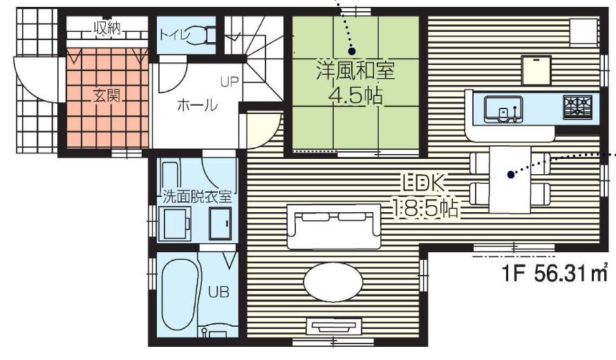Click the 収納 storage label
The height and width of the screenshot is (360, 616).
(107, 28)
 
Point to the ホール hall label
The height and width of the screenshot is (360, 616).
(198, 106)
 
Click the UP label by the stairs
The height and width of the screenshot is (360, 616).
(229, 82)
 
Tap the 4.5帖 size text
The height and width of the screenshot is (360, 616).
(355, 95)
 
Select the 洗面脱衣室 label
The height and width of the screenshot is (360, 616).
(197, 196)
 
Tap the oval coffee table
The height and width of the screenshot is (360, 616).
(333, 284)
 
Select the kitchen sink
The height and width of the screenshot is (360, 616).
(503, 109)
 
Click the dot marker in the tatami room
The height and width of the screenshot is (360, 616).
(351, 50)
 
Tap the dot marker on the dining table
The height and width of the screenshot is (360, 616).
(510, 175)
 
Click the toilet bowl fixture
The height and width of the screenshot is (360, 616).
(201, 35)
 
